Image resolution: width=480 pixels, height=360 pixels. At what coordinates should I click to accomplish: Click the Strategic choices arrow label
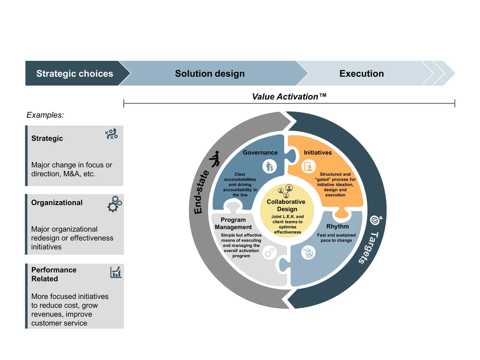75,73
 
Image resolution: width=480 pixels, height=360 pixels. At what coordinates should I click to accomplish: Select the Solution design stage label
210,73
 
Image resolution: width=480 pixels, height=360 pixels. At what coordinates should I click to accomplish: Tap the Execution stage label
361,73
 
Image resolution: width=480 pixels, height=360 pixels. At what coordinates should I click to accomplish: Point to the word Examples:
45,115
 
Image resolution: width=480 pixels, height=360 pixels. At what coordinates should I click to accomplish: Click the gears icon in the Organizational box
114,204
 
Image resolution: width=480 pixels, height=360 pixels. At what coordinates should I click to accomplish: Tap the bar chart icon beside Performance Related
116,272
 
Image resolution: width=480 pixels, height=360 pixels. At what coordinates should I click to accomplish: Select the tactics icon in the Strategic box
111,134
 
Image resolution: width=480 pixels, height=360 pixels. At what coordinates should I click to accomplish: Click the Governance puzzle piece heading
260,152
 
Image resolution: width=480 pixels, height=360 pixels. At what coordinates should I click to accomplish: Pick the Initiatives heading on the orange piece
318,152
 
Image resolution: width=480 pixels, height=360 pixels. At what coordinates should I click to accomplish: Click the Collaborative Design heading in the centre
286,205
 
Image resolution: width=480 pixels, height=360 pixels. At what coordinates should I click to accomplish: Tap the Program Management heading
233,223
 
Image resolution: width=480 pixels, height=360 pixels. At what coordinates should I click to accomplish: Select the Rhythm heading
337,226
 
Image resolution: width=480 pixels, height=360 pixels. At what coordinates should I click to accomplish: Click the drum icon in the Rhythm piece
308,253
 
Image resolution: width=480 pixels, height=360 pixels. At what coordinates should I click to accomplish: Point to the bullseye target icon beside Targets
376,220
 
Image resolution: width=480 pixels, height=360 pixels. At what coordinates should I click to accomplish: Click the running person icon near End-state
215,159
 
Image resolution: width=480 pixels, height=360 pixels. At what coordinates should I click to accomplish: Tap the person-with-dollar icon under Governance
270,167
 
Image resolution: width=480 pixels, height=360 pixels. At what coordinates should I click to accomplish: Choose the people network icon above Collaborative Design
285,191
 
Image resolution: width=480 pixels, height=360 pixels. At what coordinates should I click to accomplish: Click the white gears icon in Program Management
270,253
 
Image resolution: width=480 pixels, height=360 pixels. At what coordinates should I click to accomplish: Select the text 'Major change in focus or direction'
72,169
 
